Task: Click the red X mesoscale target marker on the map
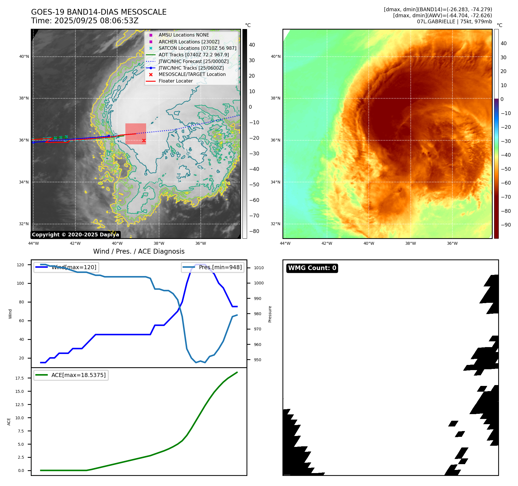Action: (x=144, y=141)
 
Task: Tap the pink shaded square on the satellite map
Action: (x=135, y=134)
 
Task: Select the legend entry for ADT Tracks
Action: (x=194, y=55)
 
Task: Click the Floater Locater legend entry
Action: (x=175, y=81)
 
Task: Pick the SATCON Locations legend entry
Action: (x=197, y=48)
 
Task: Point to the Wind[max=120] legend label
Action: (x=74, y=267)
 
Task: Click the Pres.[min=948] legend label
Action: (x=220, y=267)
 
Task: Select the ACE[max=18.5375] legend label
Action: (x=78, y=375)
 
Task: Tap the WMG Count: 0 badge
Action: (x=312, y=268)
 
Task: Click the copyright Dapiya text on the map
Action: (x=75, y=235)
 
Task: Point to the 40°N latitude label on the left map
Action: (x=24, y=56)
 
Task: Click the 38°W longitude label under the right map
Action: (x=410, y=243)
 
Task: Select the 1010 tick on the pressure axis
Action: (x=259, y=268)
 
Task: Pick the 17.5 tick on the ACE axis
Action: (x=20, y=378)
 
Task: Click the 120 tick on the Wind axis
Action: (x=20, y=265)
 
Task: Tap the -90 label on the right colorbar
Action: (x=506, y=225)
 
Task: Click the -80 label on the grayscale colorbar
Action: (x=254, y=231)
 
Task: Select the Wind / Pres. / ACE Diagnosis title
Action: (x=139, y=251)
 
